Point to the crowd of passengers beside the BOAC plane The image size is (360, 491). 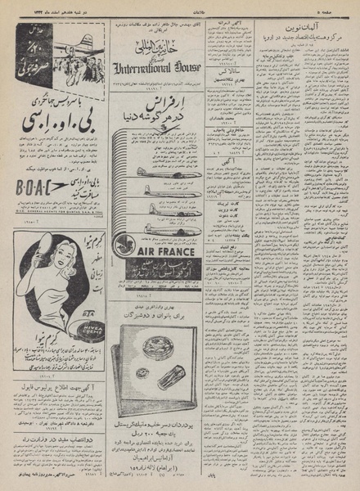click(x=49, y=77)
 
